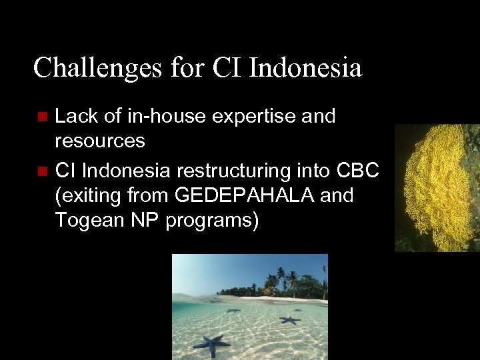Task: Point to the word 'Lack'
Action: click(74, 117)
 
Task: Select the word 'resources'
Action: click(99, 141)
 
